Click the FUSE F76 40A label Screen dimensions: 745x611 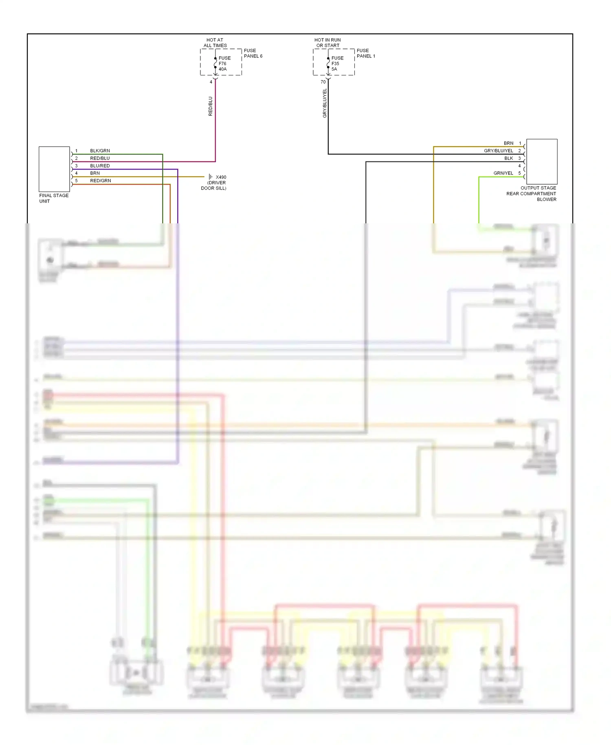point(224,64)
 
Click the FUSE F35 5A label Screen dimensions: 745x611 point(337,64)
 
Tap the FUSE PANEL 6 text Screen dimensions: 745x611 point(253,53)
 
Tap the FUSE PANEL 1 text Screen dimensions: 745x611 point(366,53)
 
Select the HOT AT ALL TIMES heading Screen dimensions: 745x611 point(215,43)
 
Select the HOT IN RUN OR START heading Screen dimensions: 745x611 point(327,43)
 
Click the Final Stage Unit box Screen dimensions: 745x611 point(54,169)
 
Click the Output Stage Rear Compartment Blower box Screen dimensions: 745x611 point(542,161)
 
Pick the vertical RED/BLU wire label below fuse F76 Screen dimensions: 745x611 point(211,106)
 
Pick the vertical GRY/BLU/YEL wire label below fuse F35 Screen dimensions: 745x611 point(325,104)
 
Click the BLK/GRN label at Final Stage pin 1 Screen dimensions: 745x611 point(100,151)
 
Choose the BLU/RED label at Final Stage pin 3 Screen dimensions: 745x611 point(100,166)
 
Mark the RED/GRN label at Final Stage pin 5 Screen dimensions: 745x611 point(100,181)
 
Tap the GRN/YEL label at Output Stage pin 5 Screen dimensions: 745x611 point(503,173)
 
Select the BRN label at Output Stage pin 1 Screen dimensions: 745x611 point(508,143)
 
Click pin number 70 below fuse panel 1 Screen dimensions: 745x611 point(323,82)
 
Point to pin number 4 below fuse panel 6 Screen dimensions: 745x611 point(211,82)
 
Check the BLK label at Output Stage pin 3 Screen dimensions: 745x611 point(508,158)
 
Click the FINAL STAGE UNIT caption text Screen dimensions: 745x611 point(54,198)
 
